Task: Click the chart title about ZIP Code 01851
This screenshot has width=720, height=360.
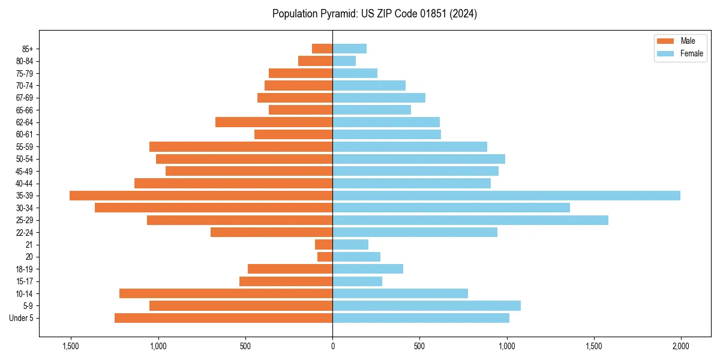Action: pyautogui.click(x=374, y=14)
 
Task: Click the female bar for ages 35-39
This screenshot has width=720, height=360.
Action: pyautogui.click(x=506, y=196)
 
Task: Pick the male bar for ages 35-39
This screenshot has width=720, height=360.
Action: pyautogui.click(x=201, y=196)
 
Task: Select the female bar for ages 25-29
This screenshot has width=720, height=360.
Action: pyautogui.click(x=470, y=220)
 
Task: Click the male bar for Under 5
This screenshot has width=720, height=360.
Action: pyautogui.click(x=223, y=318)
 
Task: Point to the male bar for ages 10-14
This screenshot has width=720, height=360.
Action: pyautogui.click(x=226, y=293)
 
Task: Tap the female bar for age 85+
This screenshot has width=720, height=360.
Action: pyautogui.click(x=349, y=49)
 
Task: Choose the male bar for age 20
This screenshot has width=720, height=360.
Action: pyautogui.click(x=325, y=257)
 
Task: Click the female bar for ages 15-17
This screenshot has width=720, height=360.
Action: pyautogui.click(x=357, y=281)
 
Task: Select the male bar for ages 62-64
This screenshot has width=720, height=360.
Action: pyautogui.click(x=274, y=122)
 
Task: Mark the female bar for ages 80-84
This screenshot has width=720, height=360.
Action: pyautogui.click(x=344, y=61)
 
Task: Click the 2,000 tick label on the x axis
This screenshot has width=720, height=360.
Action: pyautogui.click(x=680, y=346)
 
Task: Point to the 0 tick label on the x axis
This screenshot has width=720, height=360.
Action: pyautogui.click(x=332, y=346)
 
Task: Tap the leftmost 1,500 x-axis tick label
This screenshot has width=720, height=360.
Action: pyautogui.click(x=71, y=346)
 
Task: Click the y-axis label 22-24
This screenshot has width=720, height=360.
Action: pyautogui.click(x=24, y=232)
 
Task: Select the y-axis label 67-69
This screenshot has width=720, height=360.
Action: pyautogui.click(x=24, y=98)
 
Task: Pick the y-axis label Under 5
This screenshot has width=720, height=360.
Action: pyautogui.click(x=22, y=318)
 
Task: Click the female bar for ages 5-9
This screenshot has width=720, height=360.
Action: pyautogui.click(x=427, y=306)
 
